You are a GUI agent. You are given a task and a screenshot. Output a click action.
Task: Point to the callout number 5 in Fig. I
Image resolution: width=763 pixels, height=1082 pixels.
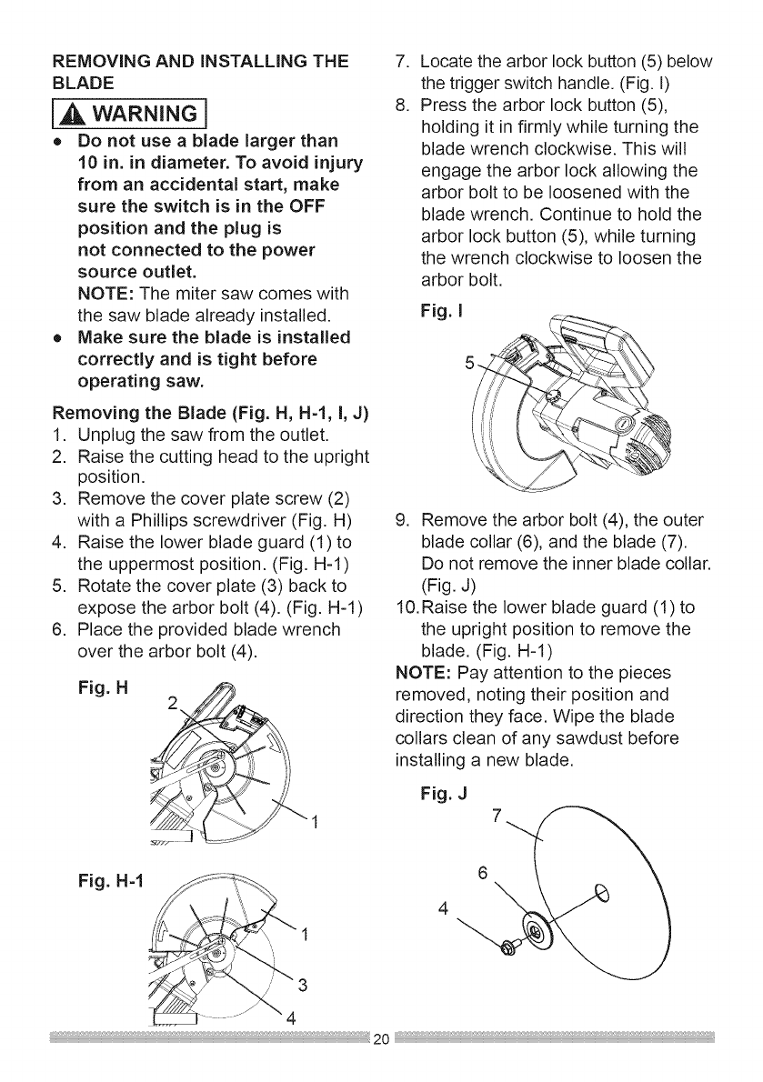pyautogui.click(x=468, y=365)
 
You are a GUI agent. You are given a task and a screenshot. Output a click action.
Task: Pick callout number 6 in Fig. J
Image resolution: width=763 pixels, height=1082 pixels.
pyautogui.click(x=486, y=871)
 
